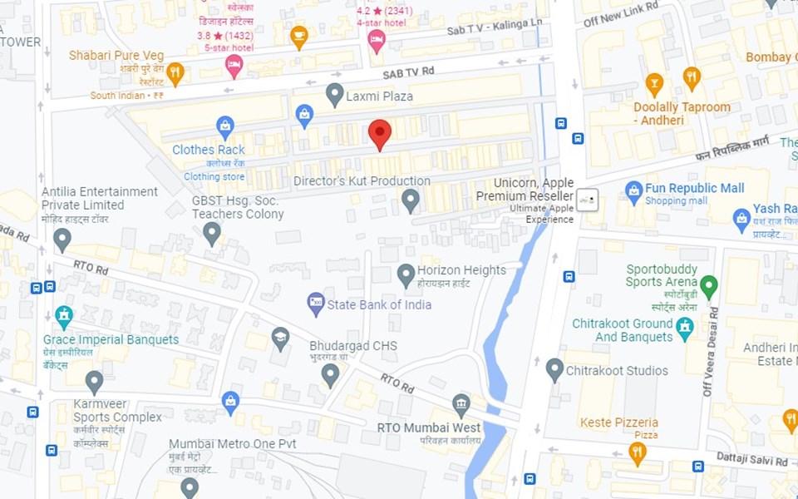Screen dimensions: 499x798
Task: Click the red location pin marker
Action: point(380,133)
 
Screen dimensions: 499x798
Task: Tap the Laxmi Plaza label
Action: point(381,96)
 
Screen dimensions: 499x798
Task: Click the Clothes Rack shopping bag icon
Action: point(224,126)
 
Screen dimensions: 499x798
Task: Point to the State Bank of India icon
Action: point(316,304)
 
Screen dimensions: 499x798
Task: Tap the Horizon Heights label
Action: point(461,270)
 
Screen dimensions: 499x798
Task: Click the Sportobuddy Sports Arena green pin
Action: point(709,286)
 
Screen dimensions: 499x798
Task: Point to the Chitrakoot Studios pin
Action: point(555,369)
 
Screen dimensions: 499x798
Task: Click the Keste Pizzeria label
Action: point(619,422)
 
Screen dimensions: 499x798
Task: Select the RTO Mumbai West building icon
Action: point(461,405)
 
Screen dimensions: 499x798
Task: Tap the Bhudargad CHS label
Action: point(353,346)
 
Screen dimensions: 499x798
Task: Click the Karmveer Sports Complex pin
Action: point(94,382)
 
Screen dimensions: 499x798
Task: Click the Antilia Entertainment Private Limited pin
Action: point(62,240)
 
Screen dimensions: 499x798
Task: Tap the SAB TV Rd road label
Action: point(408,72)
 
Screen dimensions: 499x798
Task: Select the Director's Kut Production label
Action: point(362,181)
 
